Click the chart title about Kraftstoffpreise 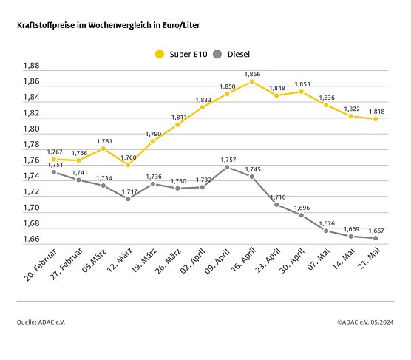click(109, 25)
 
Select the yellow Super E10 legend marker click(158, 53)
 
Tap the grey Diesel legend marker click(217, 53)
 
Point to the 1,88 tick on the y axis click(31, 66)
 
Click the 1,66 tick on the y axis click(31, 239)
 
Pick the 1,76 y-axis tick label click(31, 160)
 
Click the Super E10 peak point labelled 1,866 click(251, 81)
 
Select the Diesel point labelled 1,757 click(226, 167)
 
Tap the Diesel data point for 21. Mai click(376, 238)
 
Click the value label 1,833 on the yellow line click(202, 99)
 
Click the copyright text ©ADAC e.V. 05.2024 click(366, 322)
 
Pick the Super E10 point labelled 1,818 click(376, 119)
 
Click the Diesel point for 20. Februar click(53, 171)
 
